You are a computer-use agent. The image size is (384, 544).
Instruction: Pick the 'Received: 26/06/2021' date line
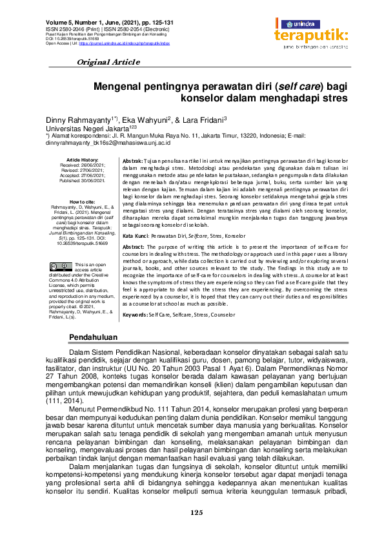83,164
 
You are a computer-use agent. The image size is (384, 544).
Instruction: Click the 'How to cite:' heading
83,202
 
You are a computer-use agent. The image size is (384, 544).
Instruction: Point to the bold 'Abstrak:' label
133,160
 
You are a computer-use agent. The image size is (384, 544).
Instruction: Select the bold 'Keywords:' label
135,314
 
